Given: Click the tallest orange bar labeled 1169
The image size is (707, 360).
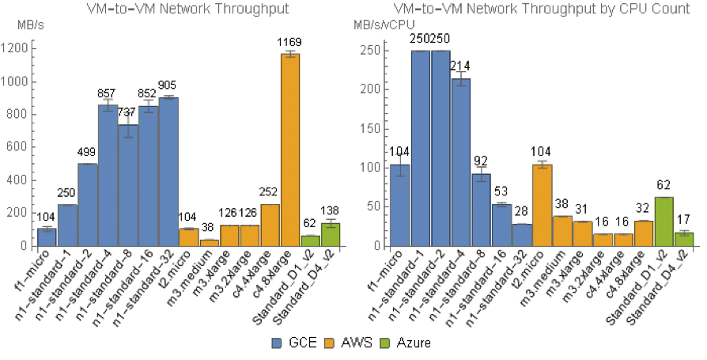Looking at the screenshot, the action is point(290,150).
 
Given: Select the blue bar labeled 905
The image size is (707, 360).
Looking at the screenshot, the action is point(168,172).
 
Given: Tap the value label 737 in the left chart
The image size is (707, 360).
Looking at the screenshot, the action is point(127,113).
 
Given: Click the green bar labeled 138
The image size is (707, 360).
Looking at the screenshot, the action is point(331,234).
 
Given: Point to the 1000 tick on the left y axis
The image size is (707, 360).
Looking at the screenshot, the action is point(17,81).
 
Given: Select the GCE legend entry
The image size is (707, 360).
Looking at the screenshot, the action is point(290,343).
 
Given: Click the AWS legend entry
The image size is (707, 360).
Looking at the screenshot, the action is point(349,343).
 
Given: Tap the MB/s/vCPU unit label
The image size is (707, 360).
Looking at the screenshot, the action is point(384,25).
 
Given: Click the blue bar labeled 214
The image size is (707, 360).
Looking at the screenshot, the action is point(460,162).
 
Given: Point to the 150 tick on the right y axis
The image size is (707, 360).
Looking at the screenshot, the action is point(372,129).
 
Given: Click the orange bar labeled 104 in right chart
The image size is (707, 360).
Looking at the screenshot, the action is point(542,205).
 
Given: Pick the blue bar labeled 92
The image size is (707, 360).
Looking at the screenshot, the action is point(481,210).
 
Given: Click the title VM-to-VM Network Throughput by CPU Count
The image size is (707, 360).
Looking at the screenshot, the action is point(542,8).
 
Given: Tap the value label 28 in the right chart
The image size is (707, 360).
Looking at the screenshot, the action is point(521,211).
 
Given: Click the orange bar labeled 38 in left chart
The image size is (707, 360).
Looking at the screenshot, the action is point(209,243).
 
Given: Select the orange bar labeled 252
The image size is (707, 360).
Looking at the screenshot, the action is point(270,225).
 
